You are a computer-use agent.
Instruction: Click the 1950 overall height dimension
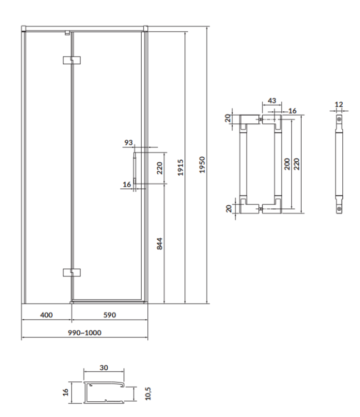203,165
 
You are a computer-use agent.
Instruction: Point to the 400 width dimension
47,315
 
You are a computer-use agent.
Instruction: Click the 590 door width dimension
109,315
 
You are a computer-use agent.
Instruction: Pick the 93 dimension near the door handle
129,143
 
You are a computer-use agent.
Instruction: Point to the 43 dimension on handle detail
272,101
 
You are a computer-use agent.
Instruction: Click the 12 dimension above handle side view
339,104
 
